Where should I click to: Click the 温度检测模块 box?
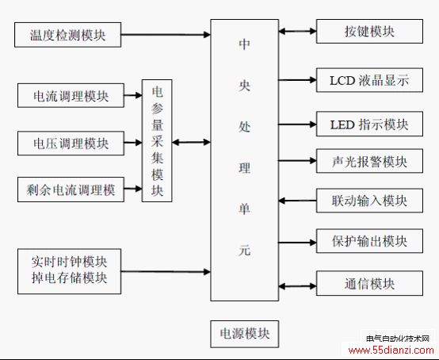tap(68, 35)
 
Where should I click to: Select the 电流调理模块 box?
tap(71, 95)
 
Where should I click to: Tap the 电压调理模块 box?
tap(71, 144)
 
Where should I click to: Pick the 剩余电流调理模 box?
tap(71, 190)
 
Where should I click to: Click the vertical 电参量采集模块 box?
tap(157, 140)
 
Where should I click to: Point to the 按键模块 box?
tap(369, 32)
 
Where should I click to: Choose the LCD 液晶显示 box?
tap(369, 80)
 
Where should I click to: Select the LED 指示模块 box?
tap(369, 124)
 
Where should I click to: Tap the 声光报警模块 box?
tap(369, 161)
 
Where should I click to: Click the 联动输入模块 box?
tap(369, 201)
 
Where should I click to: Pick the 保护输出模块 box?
tap(369, 241)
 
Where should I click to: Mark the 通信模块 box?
tap(369, 283)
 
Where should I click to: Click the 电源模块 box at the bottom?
tap(245, 334)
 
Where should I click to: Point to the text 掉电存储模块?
tap(69, 278)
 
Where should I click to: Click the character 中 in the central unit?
tap(244, 44)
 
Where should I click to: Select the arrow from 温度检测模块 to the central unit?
tap(166, 35)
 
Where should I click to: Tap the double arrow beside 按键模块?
tap(298, 31)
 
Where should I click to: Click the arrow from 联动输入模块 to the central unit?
tap(298, 201)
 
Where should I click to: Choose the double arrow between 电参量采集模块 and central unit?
tap(191, 142)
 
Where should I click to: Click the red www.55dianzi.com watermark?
tap(391, 350)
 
